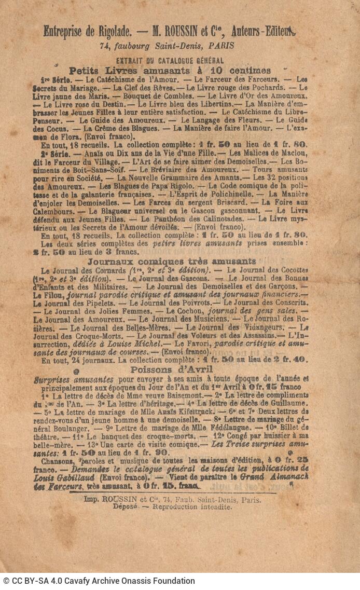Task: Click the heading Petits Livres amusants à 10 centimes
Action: pyautogui.click(x=170, y=71)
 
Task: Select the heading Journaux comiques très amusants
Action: pyautogui.click(x=171, y=261)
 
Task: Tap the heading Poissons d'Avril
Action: pyautogui.click(x=171, y=369)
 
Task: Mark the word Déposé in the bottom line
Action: pyautogui.click(x=125, y=506)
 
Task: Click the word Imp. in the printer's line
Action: pyautogui.click(x=92, y=499)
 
